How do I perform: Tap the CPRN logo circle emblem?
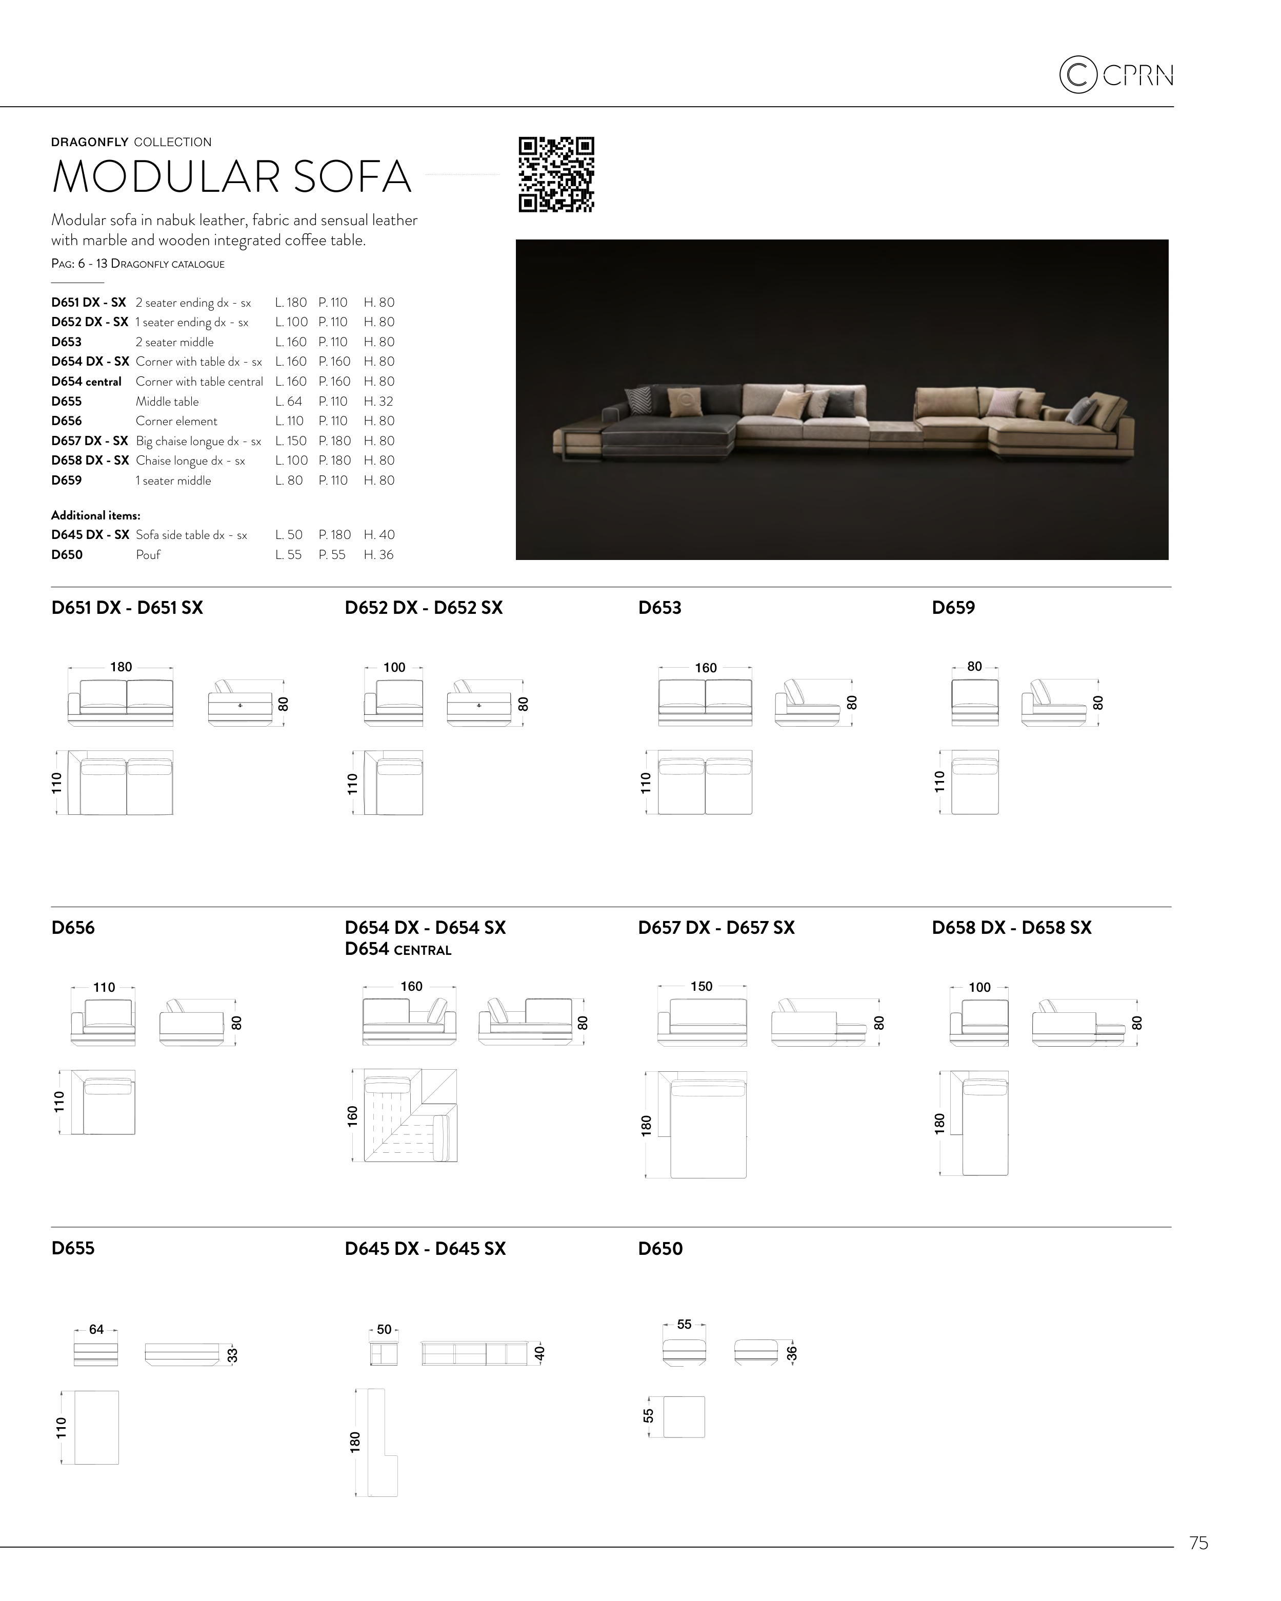[1077, 75]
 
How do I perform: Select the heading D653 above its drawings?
[659, 608]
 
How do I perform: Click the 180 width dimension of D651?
[121, 667]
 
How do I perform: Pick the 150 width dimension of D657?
[701, 986]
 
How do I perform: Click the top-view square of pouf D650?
[684, 1417]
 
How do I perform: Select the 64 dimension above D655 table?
[96, 1329]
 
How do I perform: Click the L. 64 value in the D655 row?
[289, 401]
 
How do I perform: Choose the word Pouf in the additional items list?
[148, 555]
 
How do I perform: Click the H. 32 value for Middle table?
[379, 401]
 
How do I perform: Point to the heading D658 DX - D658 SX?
[1011, 928]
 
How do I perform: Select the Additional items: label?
[96, 515]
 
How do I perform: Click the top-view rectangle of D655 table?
[96, 1427]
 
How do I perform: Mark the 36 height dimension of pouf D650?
[792, 1353]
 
